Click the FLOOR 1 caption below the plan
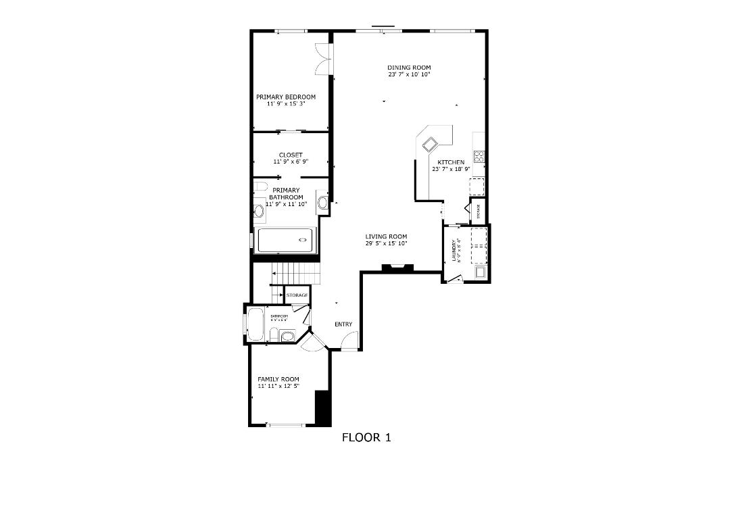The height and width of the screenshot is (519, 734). click(366, 437)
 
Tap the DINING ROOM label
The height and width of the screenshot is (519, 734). click(409, 68)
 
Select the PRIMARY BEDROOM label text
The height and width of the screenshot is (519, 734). click(286, 97)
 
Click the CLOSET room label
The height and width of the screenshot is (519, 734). click(291, 155)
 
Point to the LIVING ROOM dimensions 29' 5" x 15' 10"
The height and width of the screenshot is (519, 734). click(387, 243)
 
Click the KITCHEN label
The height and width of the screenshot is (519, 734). click(451, 162)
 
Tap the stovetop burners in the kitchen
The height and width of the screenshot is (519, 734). click(479, 157)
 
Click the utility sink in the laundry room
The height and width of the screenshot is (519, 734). click(481, 272)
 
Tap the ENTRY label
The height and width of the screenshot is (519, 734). click(343, 324)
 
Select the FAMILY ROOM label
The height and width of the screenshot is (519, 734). click(278, 379)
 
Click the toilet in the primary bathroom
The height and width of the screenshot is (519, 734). click(261, 187)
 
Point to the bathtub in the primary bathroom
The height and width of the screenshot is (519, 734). click(287, 240)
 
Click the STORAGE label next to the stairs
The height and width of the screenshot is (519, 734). click(297, 295)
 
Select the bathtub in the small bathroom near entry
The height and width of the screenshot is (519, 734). click(255, 324)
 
